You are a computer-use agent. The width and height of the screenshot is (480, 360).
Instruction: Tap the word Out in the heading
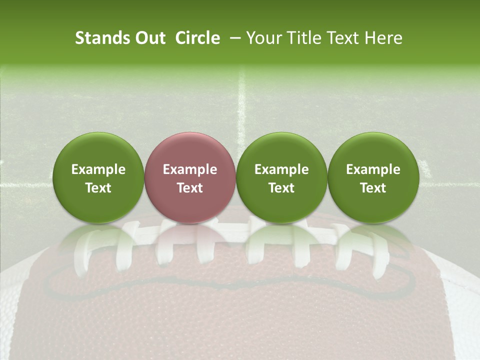tap(149, 38)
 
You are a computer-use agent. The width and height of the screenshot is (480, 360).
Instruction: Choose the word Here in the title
tap(383, 38)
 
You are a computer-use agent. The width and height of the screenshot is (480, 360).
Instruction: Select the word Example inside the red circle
tap(190, 170)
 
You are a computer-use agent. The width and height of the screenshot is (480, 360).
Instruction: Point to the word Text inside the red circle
tap(190, 188)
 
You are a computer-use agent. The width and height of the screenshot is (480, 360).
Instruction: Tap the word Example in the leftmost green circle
tap(98, 170)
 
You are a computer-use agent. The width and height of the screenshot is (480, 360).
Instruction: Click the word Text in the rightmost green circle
tap(373, 188)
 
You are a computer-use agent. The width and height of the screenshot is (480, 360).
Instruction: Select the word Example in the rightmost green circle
tap(373, 170)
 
